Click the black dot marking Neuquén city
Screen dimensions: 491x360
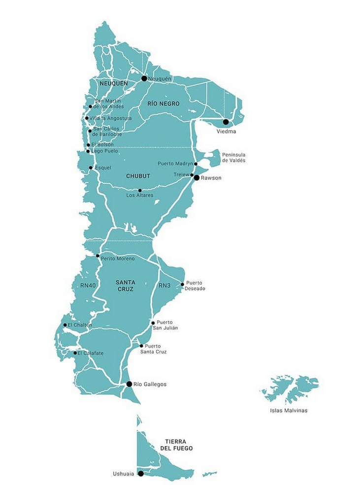[144, 78]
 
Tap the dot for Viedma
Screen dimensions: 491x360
[226, 122]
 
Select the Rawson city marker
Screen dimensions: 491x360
[196, 177]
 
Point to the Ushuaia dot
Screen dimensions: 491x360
[141, 474]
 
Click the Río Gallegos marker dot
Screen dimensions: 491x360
[129, 384]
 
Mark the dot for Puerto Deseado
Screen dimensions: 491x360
[182, 284]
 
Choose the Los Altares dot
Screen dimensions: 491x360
[140, 190]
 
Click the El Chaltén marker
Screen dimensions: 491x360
[65, 325]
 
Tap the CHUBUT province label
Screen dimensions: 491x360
[138, 176]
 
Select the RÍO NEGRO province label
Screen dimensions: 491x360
[164, 104]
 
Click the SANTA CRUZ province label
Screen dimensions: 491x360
[125, 285]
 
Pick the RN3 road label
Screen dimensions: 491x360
[164, 285]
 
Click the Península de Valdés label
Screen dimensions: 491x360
[233, 157]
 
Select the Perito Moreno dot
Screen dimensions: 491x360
[98, 256]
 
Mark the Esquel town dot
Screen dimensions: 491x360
[91, 168]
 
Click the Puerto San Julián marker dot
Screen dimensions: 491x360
[153, 323]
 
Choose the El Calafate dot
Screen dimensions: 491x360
[75, 353]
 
